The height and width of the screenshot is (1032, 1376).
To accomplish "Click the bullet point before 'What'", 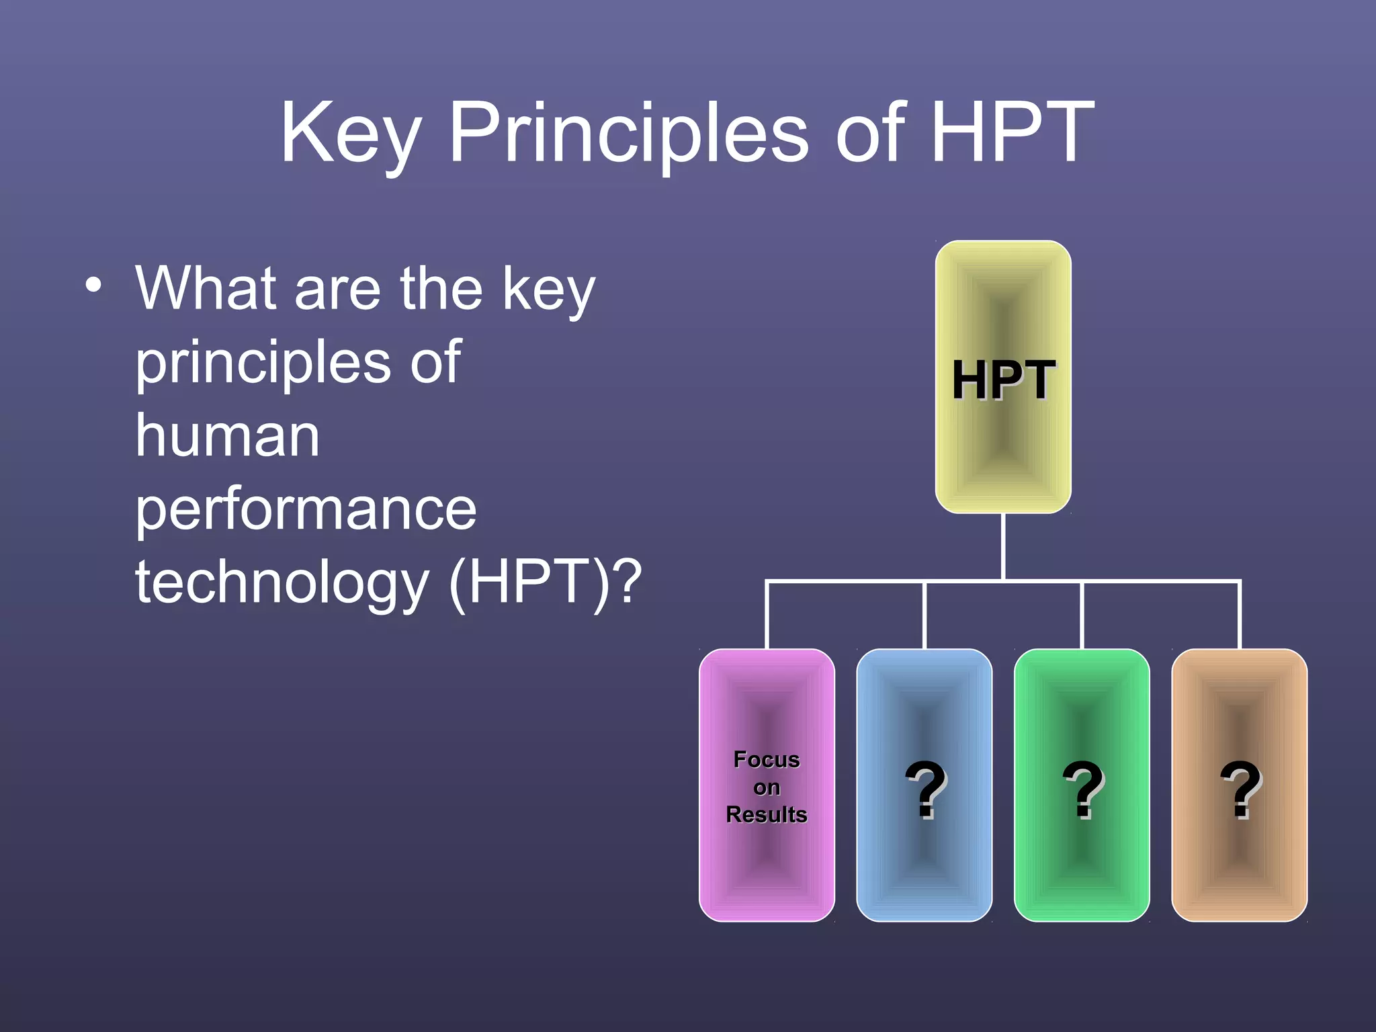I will (x=94, y=285).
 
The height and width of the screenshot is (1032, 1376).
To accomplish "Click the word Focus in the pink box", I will (x=767, y=759).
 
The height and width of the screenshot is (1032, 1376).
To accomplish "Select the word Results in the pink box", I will (x=767, y=814).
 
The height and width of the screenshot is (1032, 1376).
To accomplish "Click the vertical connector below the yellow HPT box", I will (x=1003, y=546).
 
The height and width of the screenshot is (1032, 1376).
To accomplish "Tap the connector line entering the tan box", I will (x=1240, y=615).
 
